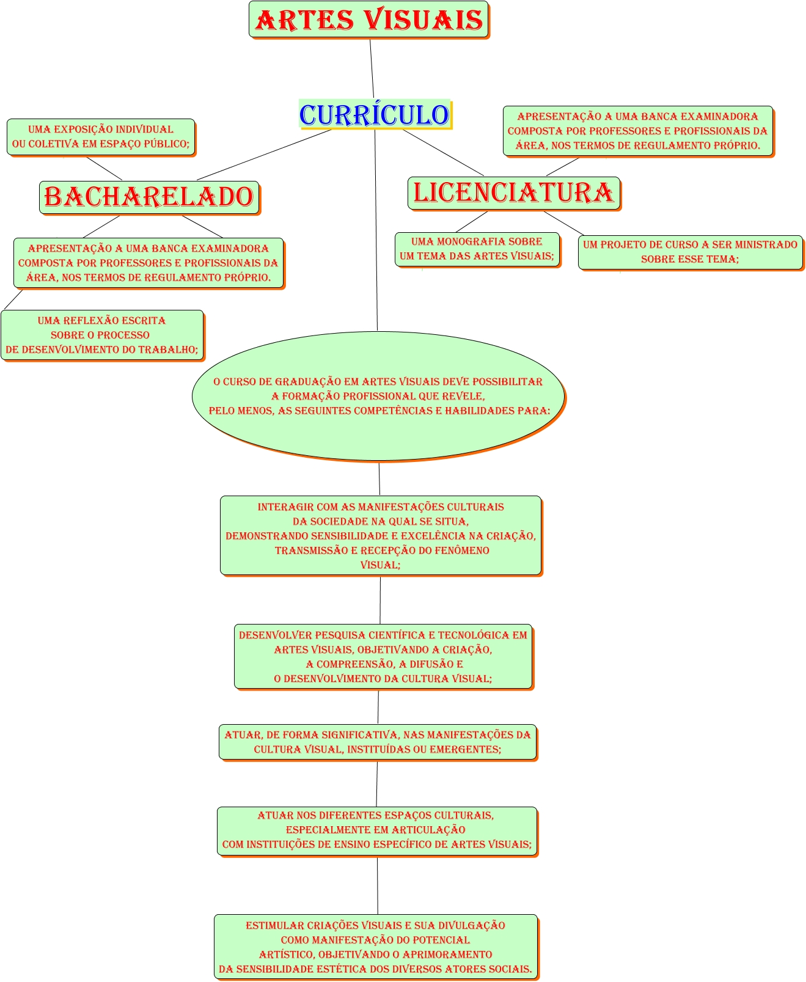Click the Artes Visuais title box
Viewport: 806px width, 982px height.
click(368, 20)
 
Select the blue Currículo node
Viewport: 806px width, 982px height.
click(375, 114)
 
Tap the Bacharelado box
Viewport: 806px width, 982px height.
click(149, 197)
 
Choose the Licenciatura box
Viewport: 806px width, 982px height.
click(513, 192)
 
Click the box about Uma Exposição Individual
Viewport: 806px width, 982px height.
click(101, 137)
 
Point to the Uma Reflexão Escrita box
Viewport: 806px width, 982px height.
click(101, 335)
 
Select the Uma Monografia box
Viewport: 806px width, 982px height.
click(477, 249)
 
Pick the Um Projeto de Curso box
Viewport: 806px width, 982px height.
click(690, 252)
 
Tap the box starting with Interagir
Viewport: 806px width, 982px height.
click(380, 535)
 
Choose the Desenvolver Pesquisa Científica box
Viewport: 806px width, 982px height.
click(383, 657)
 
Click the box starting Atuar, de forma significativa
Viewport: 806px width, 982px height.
click(378, 742)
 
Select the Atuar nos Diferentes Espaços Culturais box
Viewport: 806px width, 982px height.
click(377, 830)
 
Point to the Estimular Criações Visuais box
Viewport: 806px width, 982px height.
click(376, 947)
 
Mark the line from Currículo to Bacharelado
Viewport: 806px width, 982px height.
click(264, 155)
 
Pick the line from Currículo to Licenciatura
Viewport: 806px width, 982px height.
click(443, 153)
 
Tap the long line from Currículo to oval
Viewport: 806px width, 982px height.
click(376, 232)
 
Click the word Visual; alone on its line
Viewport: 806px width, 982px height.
click(380, 565)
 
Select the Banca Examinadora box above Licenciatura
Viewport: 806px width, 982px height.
click(637, 131)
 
